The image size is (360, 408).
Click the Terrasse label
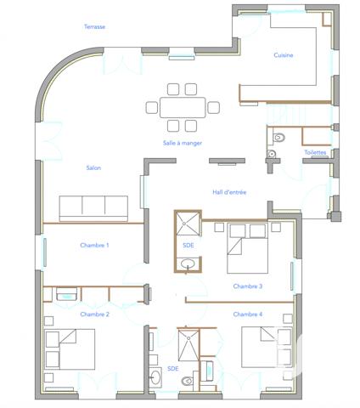(94, 26)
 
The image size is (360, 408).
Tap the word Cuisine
(284, 55)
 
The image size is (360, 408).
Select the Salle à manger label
(182, 144)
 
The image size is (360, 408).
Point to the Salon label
(93, 168)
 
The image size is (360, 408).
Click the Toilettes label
(315, 153)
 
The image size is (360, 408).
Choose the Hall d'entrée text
(229, 193)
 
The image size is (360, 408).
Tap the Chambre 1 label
(94, 246)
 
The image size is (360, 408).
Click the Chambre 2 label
(94, 314)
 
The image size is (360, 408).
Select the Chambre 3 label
(248, 286)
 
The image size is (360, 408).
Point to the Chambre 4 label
(248, 314)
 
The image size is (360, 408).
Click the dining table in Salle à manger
(183, 107)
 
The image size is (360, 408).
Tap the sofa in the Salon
(93, 207)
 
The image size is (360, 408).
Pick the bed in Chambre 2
(70, 350)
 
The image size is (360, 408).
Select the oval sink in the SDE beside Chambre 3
(188, 265)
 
